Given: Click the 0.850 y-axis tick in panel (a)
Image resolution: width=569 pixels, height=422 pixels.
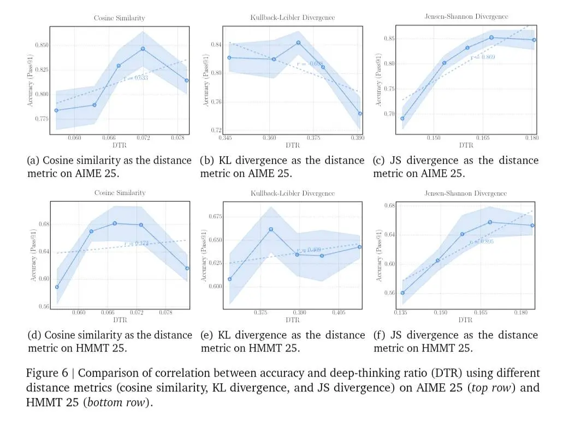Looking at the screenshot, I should [40, 45].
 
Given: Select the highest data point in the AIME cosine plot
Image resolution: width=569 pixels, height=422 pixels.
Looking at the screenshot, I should [143, 49].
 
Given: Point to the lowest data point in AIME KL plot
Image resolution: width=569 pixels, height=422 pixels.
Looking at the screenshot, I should [360, 114].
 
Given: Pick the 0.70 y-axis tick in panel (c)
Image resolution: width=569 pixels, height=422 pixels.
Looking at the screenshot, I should [389, 114].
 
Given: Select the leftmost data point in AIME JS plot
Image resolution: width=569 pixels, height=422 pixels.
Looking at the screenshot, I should [402, 118].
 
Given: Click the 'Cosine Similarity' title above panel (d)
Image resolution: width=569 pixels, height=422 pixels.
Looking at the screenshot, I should [120, 193].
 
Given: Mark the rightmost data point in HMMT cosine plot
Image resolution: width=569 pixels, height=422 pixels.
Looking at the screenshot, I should [187, 268].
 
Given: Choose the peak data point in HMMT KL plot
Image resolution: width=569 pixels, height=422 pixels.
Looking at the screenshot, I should [271, 229].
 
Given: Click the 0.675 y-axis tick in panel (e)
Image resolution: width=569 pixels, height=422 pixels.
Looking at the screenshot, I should [215, 217].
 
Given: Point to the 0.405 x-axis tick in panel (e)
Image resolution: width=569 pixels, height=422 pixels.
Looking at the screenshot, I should [338, 313].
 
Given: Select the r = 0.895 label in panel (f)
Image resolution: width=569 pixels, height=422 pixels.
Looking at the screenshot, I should [482, 241].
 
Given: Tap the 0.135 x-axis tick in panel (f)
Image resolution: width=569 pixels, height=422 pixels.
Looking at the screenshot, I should [401, 313].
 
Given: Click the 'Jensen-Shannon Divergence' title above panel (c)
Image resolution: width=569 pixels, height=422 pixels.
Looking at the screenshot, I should [466, 17].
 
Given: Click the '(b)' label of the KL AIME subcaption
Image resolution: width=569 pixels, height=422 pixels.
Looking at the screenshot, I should [207, 161].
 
